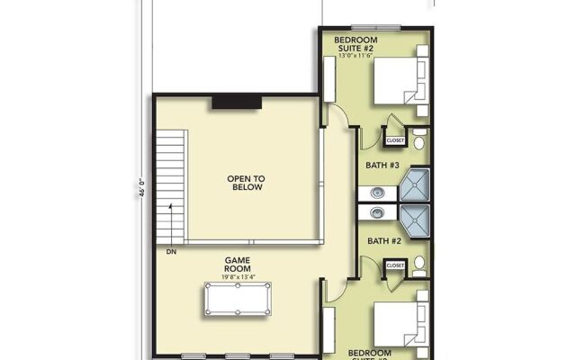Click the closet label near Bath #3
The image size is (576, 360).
point(395,140)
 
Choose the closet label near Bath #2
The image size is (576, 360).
point(395,266)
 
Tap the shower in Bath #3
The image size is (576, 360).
point(414,185)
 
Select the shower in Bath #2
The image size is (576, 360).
point(414,220)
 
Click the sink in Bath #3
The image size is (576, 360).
point(376,193)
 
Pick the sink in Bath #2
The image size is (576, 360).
point(376,213)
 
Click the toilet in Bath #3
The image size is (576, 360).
point(420,139)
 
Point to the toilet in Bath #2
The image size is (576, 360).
point(420,265)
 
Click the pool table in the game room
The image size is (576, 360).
point(238,299)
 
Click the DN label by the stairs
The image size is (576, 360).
point(172,252)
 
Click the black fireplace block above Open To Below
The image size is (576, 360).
point(237,103)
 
